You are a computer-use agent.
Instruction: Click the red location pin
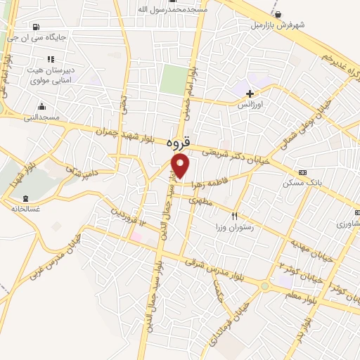point(181,166)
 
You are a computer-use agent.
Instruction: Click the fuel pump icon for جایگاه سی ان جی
point(36,27)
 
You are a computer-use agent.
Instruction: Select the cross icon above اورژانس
point(250,93)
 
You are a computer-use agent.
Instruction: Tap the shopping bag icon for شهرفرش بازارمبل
point(279,14)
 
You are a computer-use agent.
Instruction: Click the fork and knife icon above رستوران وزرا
point(236,217)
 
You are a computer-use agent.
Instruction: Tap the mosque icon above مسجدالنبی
point(41,107)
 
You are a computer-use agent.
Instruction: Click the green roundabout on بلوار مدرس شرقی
point(264,286)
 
